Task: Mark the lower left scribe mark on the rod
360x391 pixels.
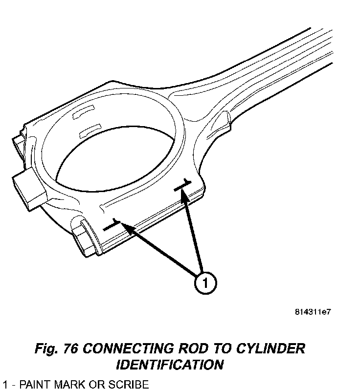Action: (x=112, y=225)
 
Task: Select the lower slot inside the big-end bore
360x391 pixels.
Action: (x=88, y=129)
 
